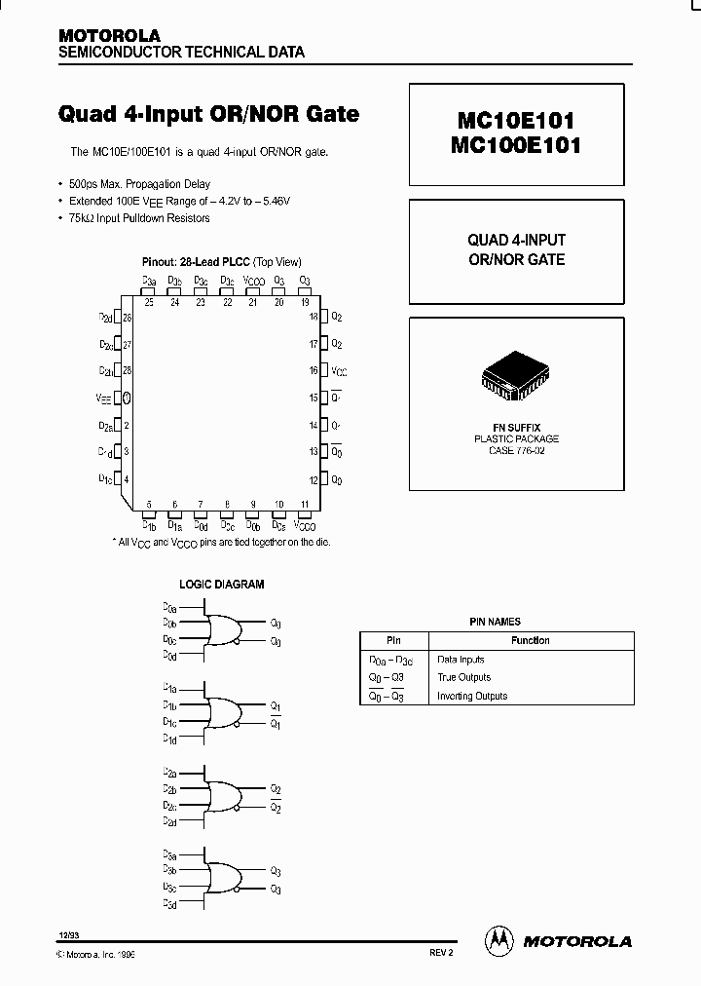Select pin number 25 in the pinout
tap(149, 302)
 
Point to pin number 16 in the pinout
tap(314, 371)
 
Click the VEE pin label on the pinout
tap(104, 398)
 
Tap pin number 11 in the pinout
tap(305, 504)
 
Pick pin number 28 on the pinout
tap(127, 371)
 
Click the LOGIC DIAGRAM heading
tap(222, 585)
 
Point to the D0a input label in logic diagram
tap(169, 607)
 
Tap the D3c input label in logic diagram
tap(169, 888)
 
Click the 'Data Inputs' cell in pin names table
tap(461, 660)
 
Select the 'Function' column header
tap(531, 640)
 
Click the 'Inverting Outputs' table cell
tap(472, 696)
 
